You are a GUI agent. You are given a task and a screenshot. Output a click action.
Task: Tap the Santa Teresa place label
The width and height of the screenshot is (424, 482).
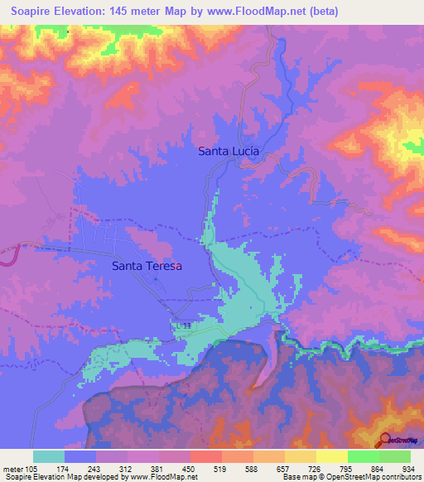pos(147,266)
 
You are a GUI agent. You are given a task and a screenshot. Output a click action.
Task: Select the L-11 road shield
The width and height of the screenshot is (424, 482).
pos(185,326)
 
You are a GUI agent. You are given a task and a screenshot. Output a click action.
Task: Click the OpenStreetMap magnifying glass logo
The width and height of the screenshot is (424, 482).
pos(385,441)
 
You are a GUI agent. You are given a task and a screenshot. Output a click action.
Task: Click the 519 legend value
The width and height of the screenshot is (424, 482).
pos(220,468)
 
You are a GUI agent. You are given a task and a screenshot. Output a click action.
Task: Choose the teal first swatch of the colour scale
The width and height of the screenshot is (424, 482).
pos(49,456)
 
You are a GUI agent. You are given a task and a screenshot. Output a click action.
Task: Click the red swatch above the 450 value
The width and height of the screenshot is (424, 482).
pos(205,456)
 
